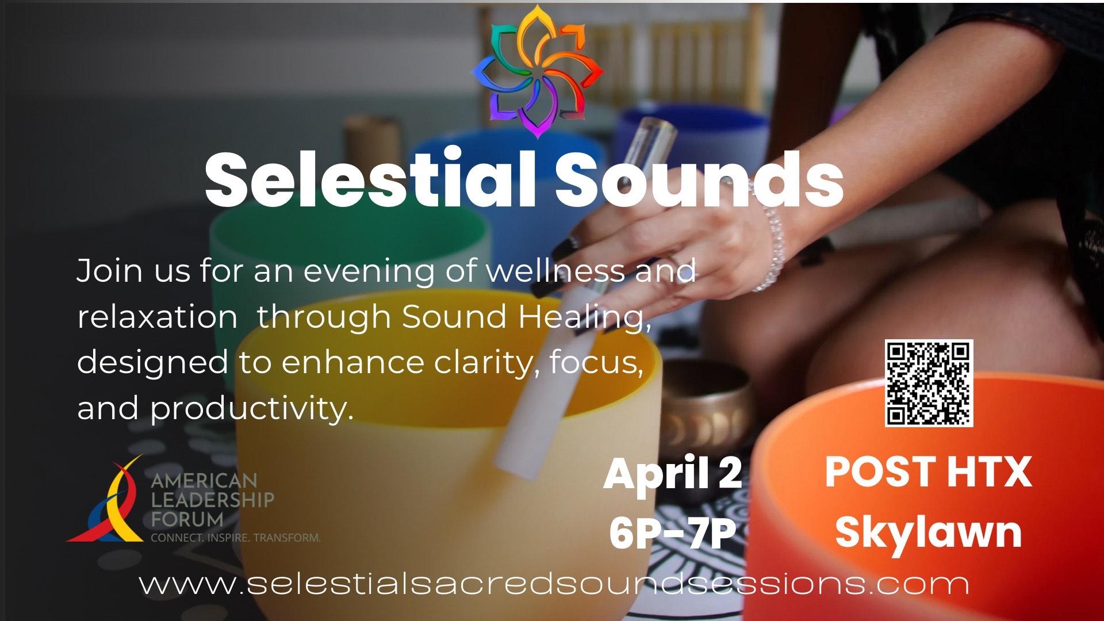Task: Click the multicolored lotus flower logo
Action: click(538, 72)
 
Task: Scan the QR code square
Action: click(929, 383)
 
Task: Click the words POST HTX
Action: click(928, 473)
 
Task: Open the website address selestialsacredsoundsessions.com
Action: click(554, 584)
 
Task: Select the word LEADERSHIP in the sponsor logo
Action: click(212, 500)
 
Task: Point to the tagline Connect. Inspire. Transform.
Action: click(235, 538)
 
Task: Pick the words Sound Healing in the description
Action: click(526, 317)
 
